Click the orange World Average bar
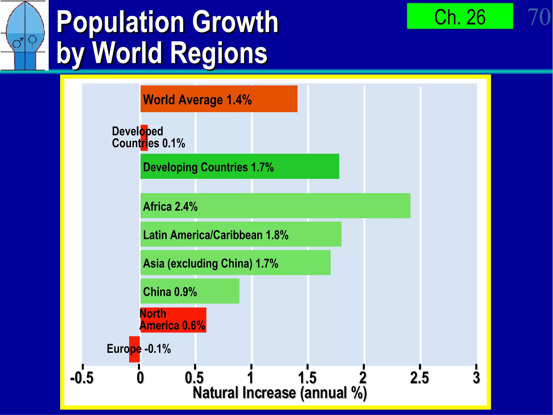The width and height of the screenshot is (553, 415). coord(219,99)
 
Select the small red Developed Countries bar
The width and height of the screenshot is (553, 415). coord(144,138)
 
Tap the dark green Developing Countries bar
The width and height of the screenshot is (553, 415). coord(240,166)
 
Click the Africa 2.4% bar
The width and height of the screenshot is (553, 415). coord(275,206)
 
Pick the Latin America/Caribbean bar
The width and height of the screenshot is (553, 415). coord(241,234)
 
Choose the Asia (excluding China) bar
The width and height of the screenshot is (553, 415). coord(235,263)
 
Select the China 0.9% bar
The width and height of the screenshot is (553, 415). coord(190,291)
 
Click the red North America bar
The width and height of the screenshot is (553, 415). coord(173,320)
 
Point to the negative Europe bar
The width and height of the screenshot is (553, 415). coord(134,349)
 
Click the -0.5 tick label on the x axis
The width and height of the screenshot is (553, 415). coord(82,378)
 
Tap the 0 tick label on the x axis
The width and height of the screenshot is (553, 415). coord(140,378)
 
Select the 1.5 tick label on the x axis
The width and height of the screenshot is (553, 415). coord(307,378)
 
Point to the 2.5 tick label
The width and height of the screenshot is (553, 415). coord(419,378)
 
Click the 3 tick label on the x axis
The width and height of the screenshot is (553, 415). coord(476,378)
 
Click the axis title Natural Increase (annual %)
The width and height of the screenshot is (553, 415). coord(280,393)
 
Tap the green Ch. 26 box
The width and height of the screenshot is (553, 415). coord(460,16)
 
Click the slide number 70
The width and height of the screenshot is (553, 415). coord(538,17)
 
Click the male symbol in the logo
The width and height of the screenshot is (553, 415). coord(18,43)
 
